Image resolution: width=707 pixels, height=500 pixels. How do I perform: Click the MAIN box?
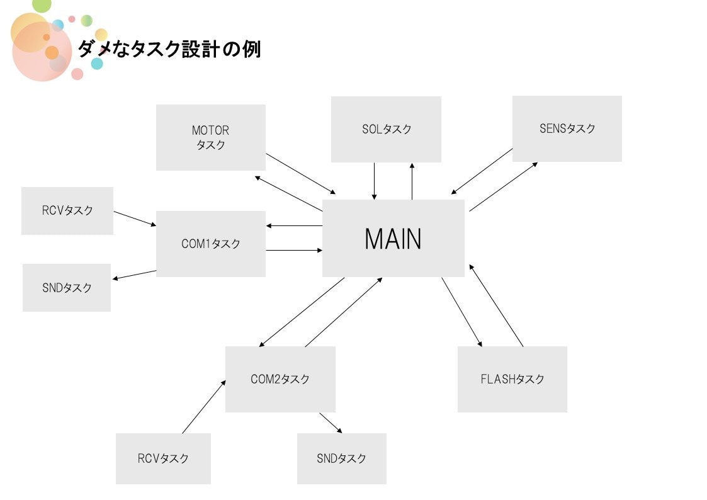393,238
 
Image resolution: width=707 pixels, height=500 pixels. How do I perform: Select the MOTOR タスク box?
210,137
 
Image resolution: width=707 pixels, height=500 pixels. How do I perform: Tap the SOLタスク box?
386,129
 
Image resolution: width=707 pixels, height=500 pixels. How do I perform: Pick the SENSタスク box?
567,128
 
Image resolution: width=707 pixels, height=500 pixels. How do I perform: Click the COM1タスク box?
210,244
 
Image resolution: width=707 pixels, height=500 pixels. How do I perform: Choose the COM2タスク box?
280,379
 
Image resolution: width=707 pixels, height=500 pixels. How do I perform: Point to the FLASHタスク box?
512,379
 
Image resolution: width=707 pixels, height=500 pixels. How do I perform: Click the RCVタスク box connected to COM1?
67,210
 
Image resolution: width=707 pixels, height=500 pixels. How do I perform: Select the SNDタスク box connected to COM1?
67,287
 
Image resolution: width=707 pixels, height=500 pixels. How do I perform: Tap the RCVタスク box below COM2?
162,458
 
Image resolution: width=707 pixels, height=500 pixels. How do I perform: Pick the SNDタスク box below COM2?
341,458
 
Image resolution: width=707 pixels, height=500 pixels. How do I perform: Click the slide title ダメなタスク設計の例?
169,49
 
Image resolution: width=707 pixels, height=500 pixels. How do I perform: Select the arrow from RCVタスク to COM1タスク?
135,219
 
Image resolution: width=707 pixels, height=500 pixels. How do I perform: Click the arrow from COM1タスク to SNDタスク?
134,275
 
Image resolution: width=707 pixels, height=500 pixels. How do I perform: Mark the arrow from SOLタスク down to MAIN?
375,181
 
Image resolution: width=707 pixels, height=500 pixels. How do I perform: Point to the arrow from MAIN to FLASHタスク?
462,312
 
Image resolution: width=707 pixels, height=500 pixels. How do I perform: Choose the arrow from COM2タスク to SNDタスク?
331,423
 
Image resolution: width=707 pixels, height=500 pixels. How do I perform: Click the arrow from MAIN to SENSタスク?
504,186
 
